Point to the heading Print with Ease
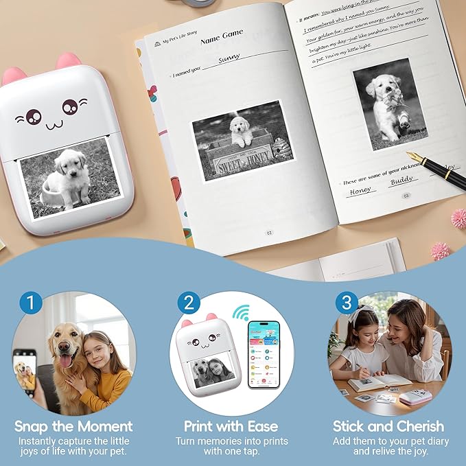coord(232,426)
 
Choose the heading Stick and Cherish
coord(388,426)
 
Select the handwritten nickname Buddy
coord(403,182)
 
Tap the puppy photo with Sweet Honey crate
coord(242,141)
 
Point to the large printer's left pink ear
coord(14,75)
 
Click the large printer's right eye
coord(70,106)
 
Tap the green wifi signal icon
coord(240,313)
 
